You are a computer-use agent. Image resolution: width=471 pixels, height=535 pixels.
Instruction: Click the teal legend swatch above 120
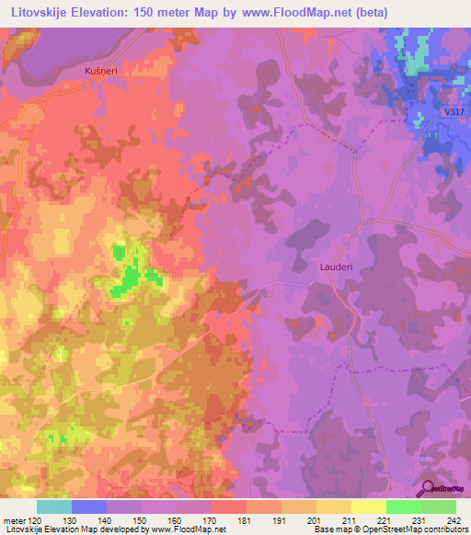tap(54, 507)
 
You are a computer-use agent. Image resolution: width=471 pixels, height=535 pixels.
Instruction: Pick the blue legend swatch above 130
tap(89, 507)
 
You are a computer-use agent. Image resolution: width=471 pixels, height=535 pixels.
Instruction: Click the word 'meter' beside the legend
tap(15, 519)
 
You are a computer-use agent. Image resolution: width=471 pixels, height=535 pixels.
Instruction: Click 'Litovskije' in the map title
tap(41, 12)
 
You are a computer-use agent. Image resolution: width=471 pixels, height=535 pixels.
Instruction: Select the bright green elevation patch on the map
tap(130, 276)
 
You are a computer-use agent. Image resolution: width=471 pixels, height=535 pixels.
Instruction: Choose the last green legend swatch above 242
tap(439, 507)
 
